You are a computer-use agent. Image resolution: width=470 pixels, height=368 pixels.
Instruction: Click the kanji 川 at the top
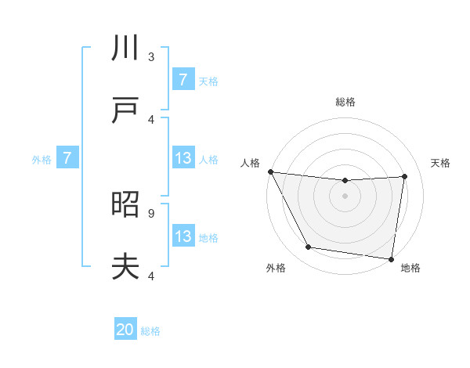125,49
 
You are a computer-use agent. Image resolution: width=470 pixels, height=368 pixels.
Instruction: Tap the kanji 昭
125,205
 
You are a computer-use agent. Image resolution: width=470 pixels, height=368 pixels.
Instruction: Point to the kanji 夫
125,267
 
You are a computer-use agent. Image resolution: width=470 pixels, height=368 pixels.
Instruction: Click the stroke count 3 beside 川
151,56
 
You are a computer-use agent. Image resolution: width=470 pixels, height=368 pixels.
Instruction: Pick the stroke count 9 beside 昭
151,212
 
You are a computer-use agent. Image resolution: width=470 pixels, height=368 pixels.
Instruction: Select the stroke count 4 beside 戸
151,119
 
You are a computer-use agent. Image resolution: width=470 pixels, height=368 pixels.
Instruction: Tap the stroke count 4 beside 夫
151,275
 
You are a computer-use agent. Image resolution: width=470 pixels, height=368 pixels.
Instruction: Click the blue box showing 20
125,330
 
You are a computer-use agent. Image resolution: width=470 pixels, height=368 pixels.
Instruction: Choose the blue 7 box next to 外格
67,159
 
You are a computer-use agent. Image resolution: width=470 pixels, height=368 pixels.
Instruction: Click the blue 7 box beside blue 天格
183,80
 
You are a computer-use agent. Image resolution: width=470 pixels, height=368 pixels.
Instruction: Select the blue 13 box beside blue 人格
183,159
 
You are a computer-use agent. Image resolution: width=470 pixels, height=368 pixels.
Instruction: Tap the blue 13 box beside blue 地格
183,236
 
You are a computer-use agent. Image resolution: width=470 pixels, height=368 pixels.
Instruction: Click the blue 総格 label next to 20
151,331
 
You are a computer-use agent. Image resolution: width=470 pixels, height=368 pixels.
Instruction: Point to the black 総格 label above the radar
345,102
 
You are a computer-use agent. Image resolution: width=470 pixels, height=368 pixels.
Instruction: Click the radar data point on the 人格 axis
270,171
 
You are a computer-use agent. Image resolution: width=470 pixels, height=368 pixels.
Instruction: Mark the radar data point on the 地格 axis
391,258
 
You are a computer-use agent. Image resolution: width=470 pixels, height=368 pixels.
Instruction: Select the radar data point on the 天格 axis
404,176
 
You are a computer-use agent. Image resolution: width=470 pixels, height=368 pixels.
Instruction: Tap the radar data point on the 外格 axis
308,248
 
